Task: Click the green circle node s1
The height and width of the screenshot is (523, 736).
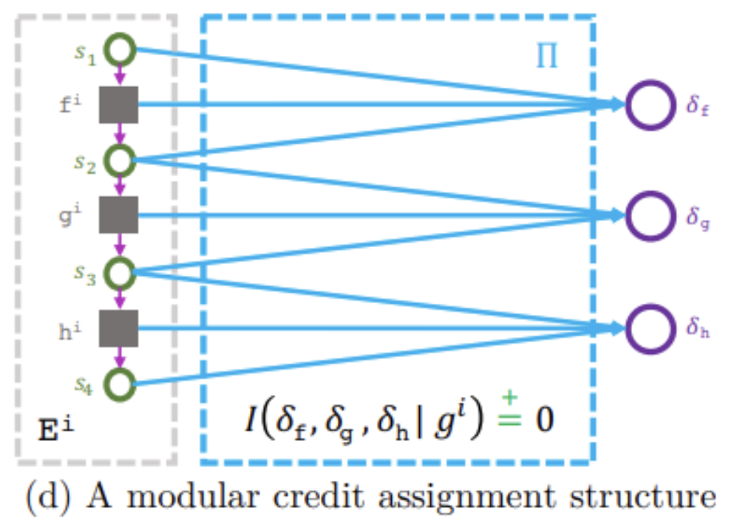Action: click(x=120, y=49)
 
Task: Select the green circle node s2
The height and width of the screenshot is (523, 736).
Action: click(x=120, y=160)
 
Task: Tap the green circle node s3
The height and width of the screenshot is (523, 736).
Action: click(x=120, y=273)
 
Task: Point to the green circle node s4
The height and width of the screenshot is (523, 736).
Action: click(x=120, y=384)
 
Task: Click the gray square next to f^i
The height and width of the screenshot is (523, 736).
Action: click(x=119, y=104)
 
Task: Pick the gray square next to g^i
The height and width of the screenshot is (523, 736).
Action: click(x=119, y=216)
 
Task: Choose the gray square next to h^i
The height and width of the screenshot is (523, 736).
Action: click(x=119, y=328)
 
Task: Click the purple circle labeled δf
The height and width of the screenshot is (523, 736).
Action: click(x=651, y=104)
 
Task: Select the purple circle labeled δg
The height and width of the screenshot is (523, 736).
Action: click(x=651, y=215)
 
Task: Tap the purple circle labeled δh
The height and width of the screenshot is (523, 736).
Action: click(x=651, y=328)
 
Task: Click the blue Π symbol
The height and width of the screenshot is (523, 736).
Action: click(x=547, y=57)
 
